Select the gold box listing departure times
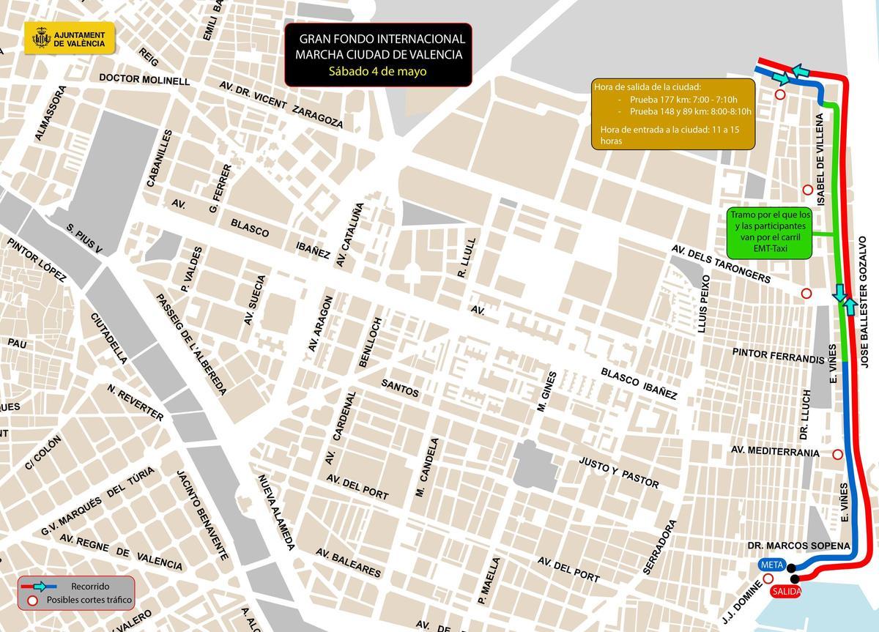672,113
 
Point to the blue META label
772,565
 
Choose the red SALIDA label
785,591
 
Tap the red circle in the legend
33,601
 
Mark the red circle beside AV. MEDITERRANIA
837,454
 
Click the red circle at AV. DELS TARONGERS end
806,293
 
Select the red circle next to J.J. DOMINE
768,579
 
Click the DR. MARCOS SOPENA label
798,546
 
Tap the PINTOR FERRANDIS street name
778,356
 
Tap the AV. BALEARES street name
349,562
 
